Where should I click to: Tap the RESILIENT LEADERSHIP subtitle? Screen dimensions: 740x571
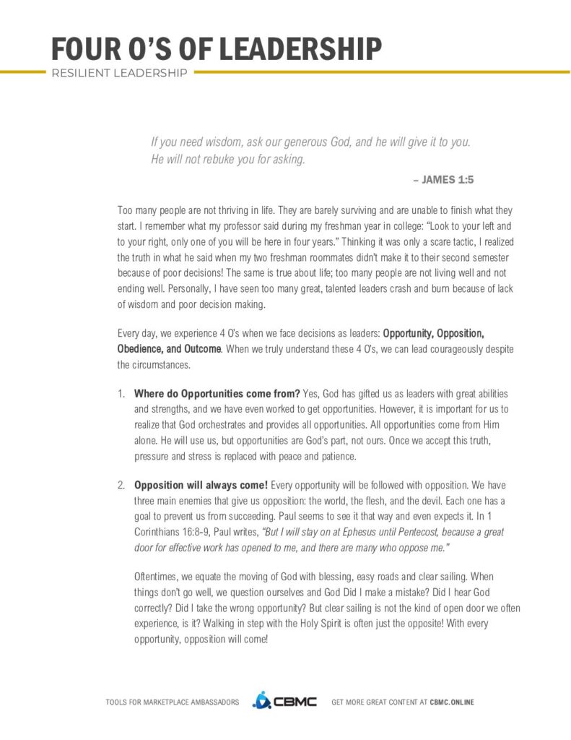[119, 73]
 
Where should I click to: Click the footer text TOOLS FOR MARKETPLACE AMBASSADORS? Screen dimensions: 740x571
[173, 702]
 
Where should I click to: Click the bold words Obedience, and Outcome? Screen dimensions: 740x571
[169, 348]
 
